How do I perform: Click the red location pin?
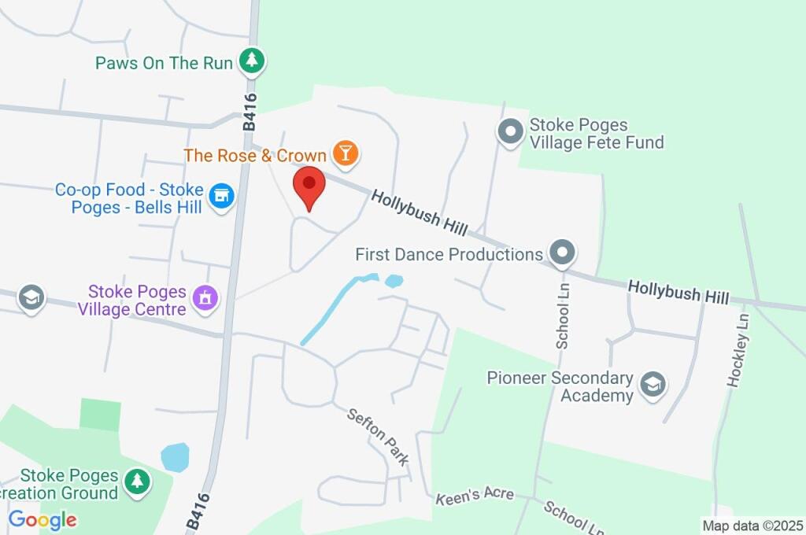pyautogui.click(x=309, y=186)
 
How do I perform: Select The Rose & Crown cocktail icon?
pyautogui.click(x=345, y=153)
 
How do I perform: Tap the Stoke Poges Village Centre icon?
pyautogui.click(x=206, y=298)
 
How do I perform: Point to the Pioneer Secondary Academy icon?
pyautogui.click(x=653, y=386)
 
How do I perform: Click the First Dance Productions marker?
pyautogui.click(x=562, y=253)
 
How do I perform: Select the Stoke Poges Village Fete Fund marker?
pyautogui.click(x=511, y=131)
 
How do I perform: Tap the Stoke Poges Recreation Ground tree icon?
pyautogui.click(x=138, y=481)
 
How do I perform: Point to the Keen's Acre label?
pyautogui.click(x=475, y=494)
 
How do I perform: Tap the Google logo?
pyautogui.click(x=43, y=520)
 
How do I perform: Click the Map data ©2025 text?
pyautogui.click(x=752, y=525)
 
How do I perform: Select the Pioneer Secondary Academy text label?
pyautogui.click(x=560, y=386)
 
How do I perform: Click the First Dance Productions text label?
pyautogui.click(x=449, y=254)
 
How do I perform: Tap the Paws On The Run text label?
pyautogui.click(x=164, y=62)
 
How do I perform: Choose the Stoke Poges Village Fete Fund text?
pyautogui.click(x=597, y=133)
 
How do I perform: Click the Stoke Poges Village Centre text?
pyautogui.click(x=132, y=301)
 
